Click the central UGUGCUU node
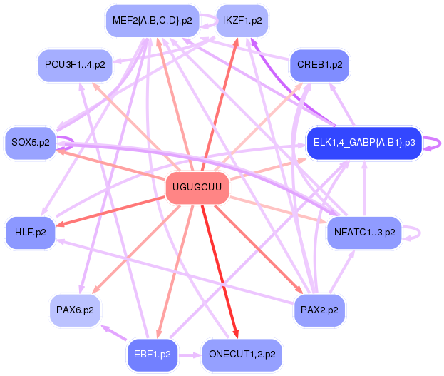[x=197, y=188]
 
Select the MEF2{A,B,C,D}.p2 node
[x=152, y=21]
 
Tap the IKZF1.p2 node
[x=242, y=21]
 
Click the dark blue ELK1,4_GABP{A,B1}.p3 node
[x=363, y=143]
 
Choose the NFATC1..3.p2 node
[x=364, y=232]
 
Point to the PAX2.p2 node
[x=319, y=310]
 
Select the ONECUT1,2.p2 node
[x=242, y=354]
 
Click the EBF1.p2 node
[x=152, y=354]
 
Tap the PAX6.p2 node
[x=75, y=310]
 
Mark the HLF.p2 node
[x=30, y=232]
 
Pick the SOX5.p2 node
[x=30, y=143]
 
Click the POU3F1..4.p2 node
[x=75, y=65]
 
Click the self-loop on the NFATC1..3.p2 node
[x=416, y=233]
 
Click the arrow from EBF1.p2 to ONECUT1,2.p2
[x=190, y=354]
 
